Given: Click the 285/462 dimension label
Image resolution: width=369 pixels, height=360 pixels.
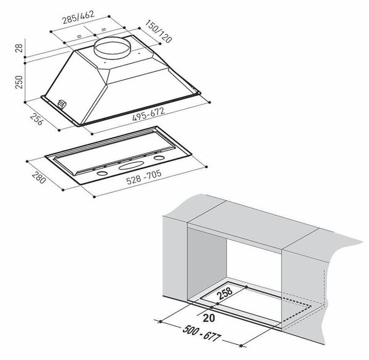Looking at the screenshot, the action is [78, 17].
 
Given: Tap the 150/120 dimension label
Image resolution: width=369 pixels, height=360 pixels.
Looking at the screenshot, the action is [158, 31].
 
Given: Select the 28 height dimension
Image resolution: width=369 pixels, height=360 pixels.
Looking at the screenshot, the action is [19, 48].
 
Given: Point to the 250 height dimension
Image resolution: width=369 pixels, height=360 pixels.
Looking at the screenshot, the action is [19, 82].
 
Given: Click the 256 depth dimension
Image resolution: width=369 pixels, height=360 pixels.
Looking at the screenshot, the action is [37, 119].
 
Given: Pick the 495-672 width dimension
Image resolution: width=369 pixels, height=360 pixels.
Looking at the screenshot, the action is [148, 114].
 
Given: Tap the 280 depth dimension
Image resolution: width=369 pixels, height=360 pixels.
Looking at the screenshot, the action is [39, 178].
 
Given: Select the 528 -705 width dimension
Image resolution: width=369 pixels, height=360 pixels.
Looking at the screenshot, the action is [144, 177].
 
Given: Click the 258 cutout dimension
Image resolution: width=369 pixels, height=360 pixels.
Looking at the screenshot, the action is [224, 293].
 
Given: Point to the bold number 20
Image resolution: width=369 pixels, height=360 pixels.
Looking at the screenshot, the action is [208, 318].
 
